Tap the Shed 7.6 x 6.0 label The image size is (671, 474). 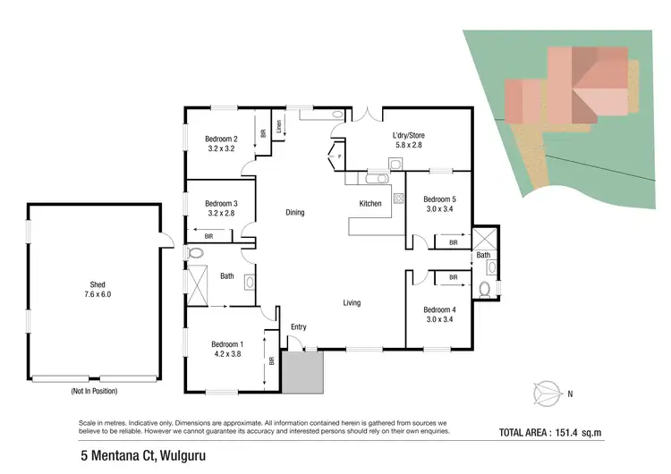(x=98, y=289)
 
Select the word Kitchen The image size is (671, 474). (x=370, y=204)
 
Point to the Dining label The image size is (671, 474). (x=295, y=213)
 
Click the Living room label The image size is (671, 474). (x=352, y=303)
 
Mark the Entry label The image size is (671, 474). (x=299, y=327)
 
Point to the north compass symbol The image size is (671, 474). (x=546, y=391)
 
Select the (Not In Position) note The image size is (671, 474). (x=94, y=391)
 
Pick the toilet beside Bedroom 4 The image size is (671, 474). (x=484, y=288)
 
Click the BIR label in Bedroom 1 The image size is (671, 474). (x=272, y=361)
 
